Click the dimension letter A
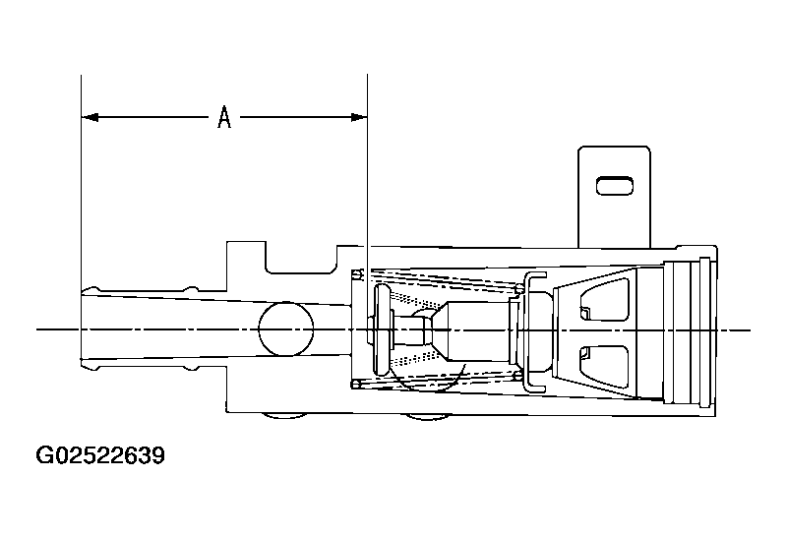click(224, 117)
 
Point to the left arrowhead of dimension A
click(90, 117)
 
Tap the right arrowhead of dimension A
click(359, 117)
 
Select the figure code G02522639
click(100, 455)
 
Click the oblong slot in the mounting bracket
click(614, 186)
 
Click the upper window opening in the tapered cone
click(604, 299)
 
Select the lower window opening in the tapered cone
click(604, 366)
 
